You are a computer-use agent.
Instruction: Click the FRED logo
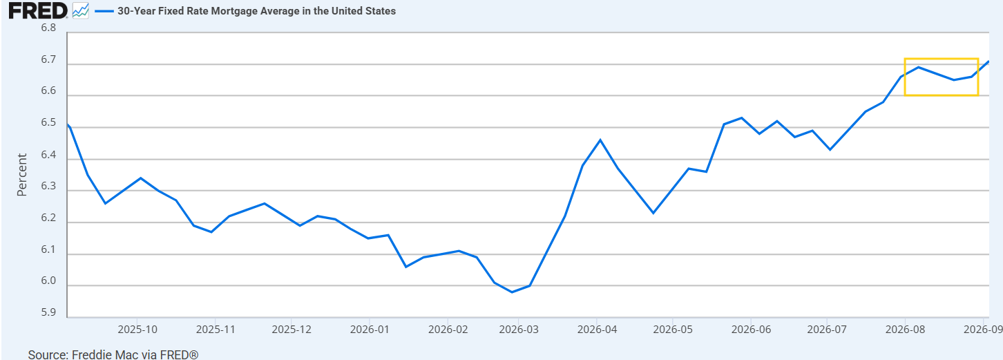(x=38, y=11)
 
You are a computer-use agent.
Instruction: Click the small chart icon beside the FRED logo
(x=81, y=11)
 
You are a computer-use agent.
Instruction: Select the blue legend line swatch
(x=104, y=11)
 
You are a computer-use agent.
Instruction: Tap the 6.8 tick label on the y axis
(x=48, y=28)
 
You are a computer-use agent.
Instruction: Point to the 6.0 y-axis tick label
(x=48, y=281)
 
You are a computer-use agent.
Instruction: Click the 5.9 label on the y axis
(x=48, y=312)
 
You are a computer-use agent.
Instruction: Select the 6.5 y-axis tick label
(x=48, y=123)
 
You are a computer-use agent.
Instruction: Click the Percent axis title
(x=22, y=175)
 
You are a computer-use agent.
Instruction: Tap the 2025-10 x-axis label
(x=137, y=330)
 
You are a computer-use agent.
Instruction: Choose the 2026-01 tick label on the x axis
(x=370, y=330)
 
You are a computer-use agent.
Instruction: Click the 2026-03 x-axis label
(x=519, y=330)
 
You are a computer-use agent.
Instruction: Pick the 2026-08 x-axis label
(x=905, y=330)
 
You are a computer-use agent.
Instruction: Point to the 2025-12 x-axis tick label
(x=292, y=330)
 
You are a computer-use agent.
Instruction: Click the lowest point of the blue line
(x=513, y=292)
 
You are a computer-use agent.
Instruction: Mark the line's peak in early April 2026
(x=600, y=140)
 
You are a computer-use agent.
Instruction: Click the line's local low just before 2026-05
(x=653, y=213)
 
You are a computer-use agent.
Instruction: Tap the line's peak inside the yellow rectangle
(x=918, y=67)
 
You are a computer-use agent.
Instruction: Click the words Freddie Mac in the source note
(x=105, y=354)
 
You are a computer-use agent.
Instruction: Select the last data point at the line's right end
(x=988, y=61)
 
